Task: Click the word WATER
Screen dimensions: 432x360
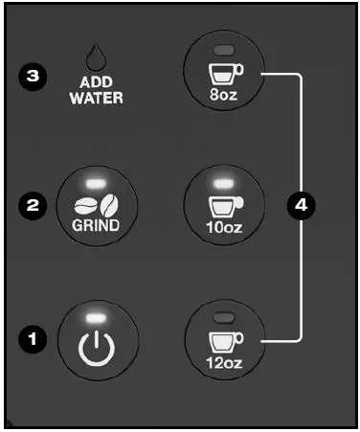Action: [x=93, y=98]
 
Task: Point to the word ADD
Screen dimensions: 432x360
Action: [x=93, y=82]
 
